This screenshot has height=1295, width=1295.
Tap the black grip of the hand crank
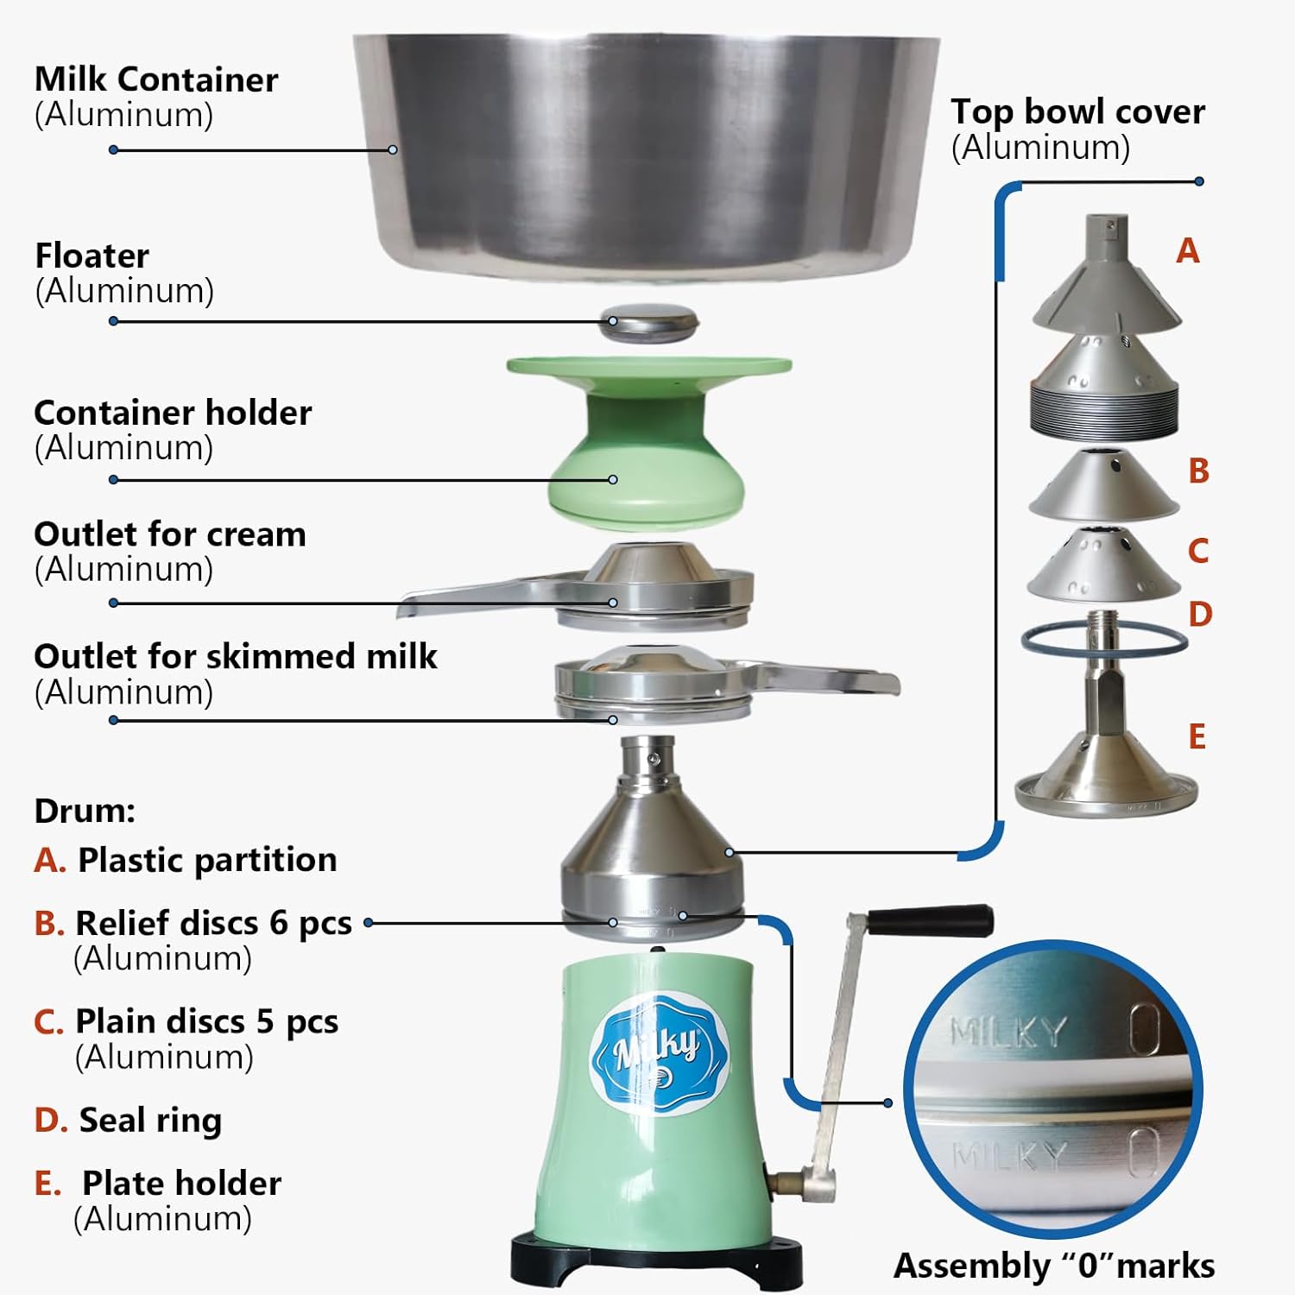coord(930,920)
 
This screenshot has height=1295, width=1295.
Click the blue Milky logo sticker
coord(659,1053)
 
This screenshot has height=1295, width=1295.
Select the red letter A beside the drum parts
coord(1188,251)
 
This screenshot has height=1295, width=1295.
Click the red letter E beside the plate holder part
coord(1197,737)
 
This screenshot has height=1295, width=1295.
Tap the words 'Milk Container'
coord(156,79)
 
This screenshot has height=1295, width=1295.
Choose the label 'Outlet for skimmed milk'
coord(235,656)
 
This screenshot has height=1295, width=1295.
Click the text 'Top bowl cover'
coord(1077,111)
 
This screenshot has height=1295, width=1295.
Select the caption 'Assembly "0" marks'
coord(1053,1266)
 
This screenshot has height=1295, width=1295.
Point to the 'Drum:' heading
coord(85,811)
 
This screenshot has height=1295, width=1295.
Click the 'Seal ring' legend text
coord(150,1120)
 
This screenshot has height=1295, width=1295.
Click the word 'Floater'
coord(92,256)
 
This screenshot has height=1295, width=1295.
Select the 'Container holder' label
coord(173,413)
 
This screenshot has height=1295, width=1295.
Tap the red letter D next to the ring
coord(1200,615)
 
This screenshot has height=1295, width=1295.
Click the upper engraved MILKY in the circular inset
coord(1008,1030)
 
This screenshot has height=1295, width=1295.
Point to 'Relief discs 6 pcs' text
coord(213,923)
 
